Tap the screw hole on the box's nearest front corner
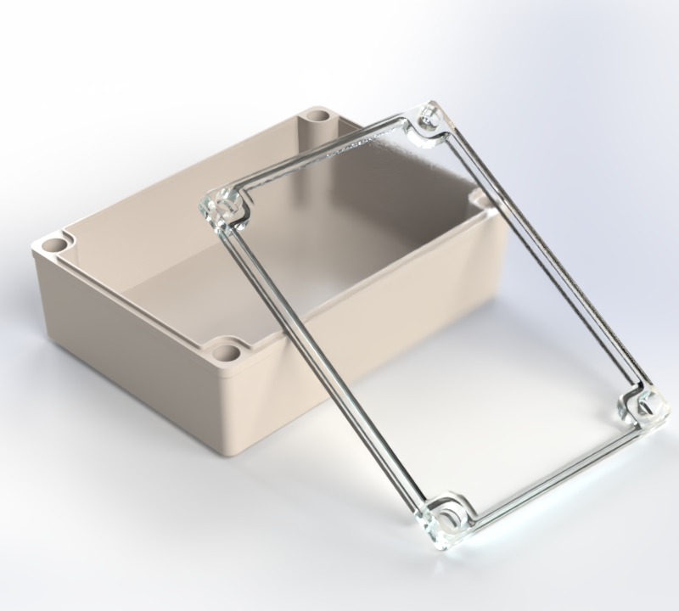(x=226, y=349)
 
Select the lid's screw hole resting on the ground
(x=446, y=517)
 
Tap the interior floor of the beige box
(x=212, y=280)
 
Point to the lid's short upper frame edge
(x=327, y=153)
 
